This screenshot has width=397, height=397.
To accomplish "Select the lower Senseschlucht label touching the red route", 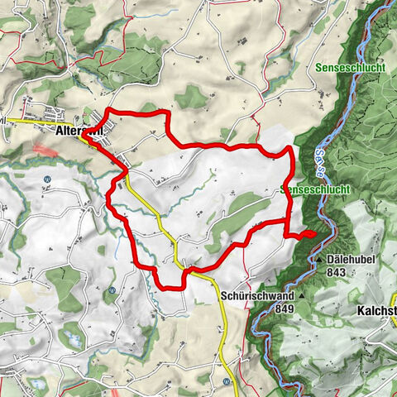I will (317, 189).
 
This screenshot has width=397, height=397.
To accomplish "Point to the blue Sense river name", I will (319, 168).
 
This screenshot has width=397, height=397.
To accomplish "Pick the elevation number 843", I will (336, 271).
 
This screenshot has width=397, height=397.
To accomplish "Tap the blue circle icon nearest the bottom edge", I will (226, 381).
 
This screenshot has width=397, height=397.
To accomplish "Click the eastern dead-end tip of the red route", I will (314, 234).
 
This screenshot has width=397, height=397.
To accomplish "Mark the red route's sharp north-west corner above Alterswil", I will (110, 110).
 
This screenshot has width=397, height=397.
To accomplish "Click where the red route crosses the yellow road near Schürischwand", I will (187, 270).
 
